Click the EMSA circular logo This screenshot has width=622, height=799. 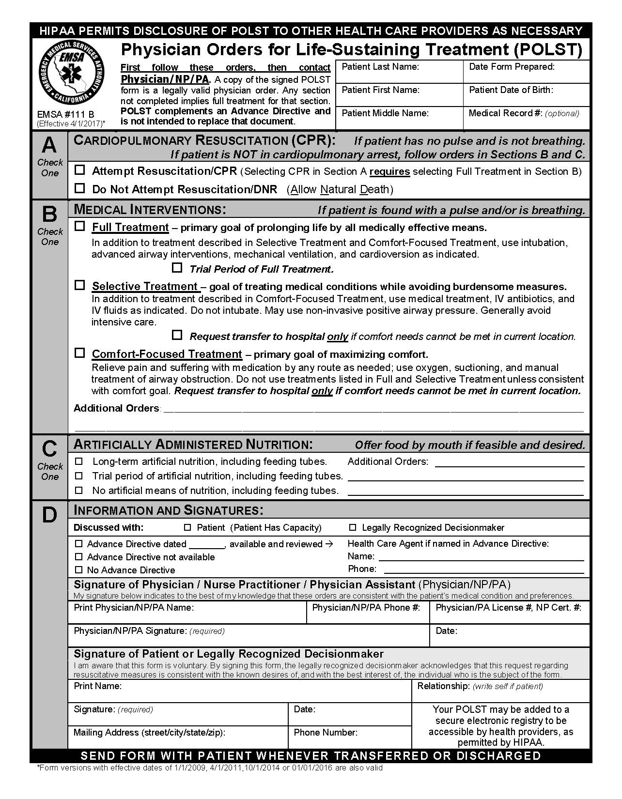[72, 71]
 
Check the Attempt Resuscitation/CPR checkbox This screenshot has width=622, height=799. [80, 170]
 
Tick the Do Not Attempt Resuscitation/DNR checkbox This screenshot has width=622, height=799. [80, 188]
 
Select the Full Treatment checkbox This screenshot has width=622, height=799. [80, 226]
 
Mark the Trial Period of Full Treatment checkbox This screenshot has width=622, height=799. [177, 267]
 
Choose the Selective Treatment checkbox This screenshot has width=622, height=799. [80, 285]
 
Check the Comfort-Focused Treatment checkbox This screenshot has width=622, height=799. [80, 353]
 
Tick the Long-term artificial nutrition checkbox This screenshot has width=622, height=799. [79, 461]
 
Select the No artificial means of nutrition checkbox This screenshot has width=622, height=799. [79, 490]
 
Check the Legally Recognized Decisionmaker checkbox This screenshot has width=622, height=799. [353, 527]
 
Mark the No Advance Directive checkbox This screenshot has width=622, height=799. [79, 570]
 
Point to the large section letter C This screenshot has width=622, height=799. [49, 449]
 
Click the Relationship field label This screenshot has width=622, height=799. [443, 686]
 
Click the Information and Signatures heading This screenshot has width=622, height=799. [168, 510]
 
